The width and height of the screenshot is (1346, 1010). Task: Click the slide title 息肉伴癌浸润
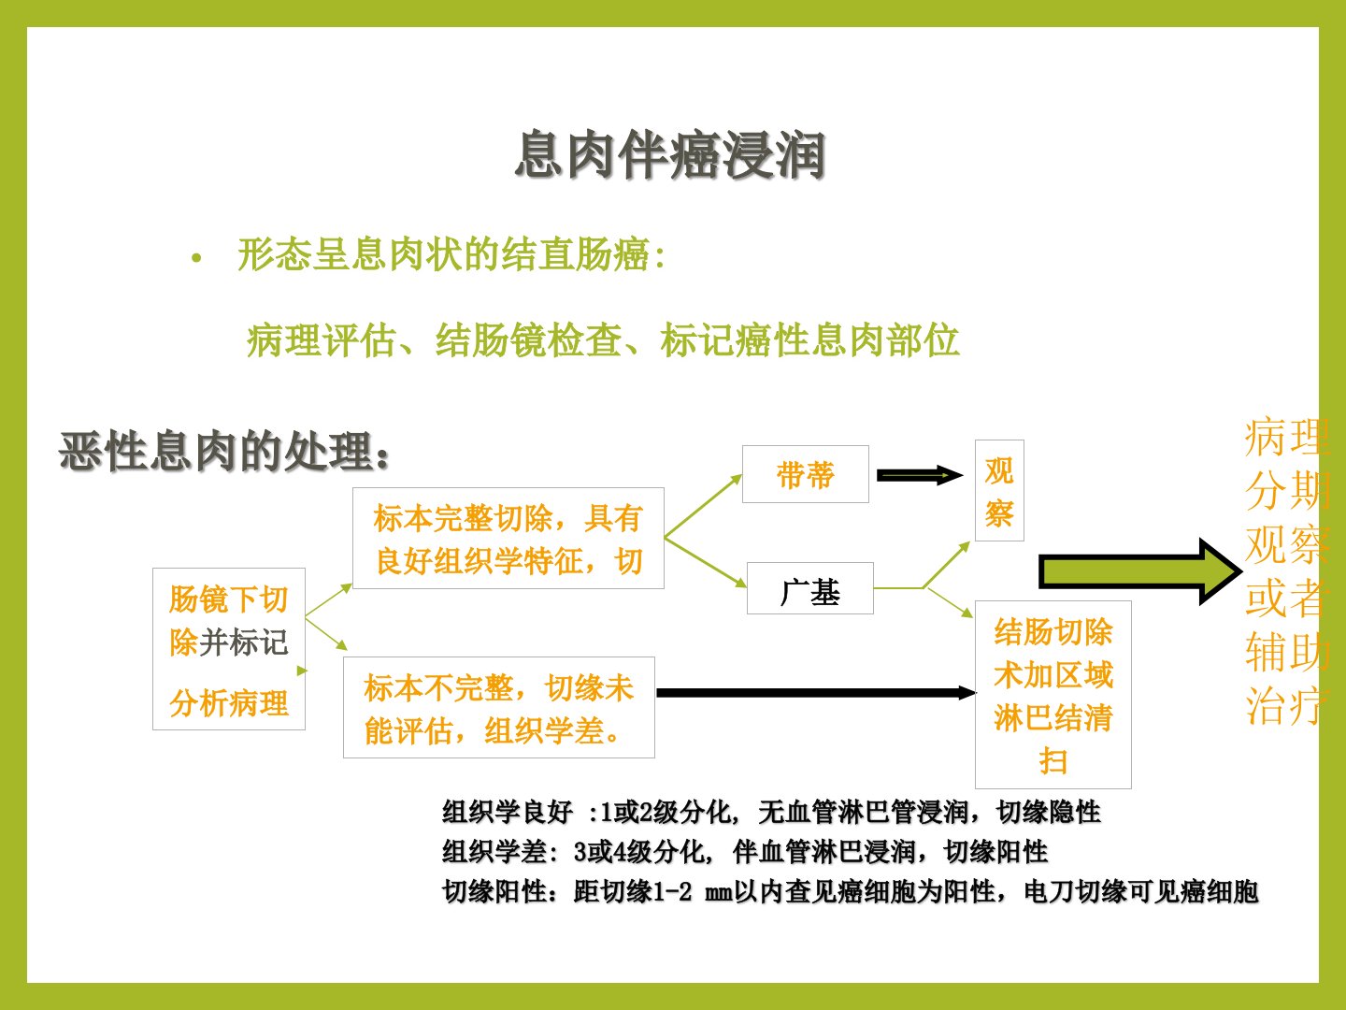670,154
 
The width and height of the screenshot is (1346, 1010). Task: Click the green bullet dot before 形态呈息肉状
196,258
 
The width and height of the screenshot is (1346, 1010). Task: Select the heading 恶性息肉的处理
223,452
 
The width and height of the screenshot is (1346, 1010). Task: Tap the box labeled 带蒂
805,474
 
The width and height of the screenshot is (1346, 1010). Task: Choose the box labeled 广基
810,588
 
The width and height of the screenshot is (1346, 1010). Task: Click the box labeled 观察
999,491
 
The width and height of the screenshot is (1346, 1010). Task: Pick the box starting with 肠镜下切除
229,649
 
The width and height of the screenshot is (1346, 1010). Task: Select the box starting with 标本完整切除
508,539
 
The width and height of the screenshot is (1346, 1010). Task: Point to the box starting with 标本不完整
499,708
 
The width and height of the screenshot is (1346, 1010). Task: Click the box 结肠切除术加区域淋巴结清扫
1052,694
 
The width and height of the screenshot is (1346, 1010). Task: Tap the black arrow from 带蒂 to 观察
920,475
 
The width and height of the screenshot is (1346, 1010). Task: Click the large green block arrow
1140,571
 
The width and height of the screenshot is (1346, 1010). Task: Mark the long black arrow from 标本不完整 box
816,693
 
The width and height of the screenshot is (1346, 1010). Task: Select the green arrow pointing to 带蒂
703,506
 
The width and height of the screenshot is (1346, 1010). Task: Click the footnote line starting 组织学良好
771,812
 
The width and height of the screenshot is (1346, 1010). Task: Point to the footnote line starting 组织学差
745,851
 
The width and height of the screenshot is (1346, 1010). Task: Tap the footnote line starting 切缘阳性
851,891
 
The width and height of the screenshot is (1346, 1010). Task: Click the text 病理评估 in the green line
321,340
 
